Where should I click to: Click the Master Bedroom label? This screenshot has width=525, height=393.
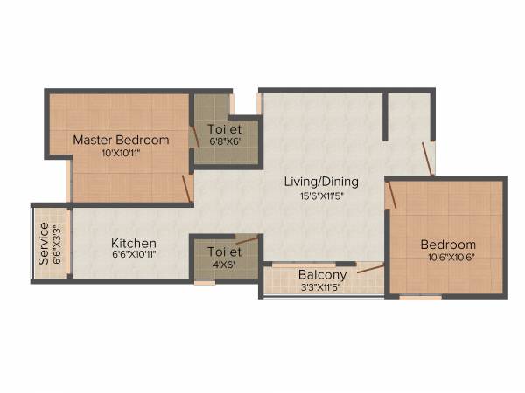[121, 140]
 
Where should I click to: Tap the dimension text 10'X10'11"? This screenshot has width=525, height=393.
[121, 152]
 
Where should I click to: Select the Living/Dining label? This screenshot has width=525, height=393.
[321, 182]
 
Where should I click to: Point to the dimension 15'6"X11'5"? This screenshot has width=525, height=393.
[321, 196]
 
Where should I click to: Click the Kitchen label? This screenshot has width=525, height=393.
[133, 243]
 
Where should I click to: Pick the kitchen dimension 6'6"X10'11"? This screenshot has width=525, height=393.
[133, 255]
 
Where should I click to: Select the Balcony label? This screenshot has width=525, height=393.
[322, 274]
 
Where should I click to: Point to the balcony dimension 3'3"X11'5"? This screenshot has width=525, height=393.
[322, 286]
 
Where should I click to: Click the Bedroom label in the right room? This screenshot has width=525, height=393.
[447, 245]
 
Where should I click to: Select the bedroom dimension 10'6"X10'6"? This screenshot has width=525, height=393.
[447, 257]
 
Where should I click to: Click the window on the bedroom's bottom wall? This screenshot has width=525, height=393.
[420, 298]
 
